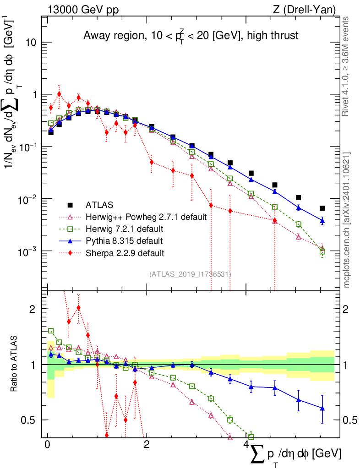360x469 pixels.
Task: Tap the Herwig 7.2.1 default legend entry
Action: (x=125, y=229)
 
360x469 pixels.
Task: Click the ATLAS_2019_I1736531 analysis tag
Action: (x=190, y=274)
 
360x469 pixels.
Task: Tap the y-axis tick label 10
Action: (x=30, y=43)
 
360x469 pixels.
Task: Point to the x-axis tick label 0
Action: (x=48, y=446)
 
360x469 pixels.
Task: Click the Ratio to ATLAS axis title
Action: (x=15, y=365)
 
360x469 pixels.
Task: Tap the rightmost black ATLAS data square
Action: (x=322, y=208)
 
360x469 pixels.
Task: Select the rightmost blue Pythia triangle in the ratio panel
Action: (x=322, y=408)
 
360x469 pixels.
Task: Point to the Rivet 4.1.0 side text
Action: (x=347, y=66)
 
